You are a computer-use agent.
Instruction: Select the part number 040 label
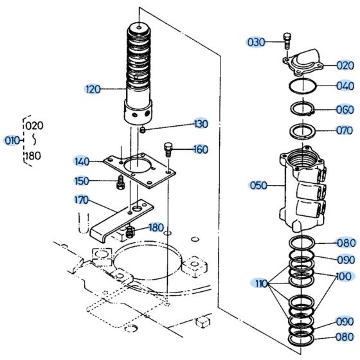[345, 85]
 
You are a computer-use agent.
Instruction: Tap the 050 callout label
[258, 186]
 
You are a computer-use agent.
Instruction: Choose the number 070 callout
[345, 130]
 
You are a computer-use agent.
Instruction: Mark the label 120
[93, 89]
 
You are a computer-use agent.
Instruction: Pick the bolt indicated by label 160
[170, 148]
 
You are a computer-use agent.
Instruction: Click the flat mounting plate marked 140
[138, 170]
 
